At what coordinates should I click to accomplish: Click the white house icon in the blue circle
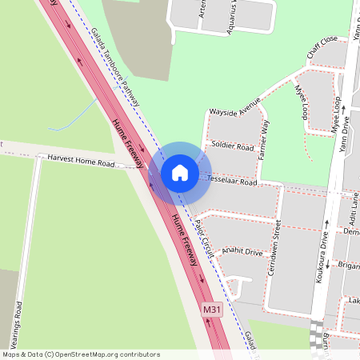(180, 173)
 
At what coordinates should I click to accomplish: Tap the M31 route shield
(211, 309)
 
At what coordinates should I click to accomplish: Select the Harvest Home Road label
(81, 162)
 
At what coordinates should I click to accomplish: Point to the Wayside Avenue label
(234, 107)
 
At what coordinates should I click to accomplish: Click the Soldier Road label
(233, 147)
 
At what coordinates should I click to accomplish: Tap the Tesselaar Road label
(232, 182)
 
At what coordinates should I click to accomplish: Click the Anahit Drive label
(242, 251)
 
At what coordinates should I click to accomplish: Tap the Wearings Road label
(17, 328)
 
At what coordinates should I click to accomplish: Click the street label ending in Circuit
(205, 238)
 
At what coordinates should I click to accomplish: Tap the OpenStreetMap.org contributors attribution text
(80, 354)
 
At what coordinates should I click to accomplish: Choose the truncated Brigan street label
(350, 265)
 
